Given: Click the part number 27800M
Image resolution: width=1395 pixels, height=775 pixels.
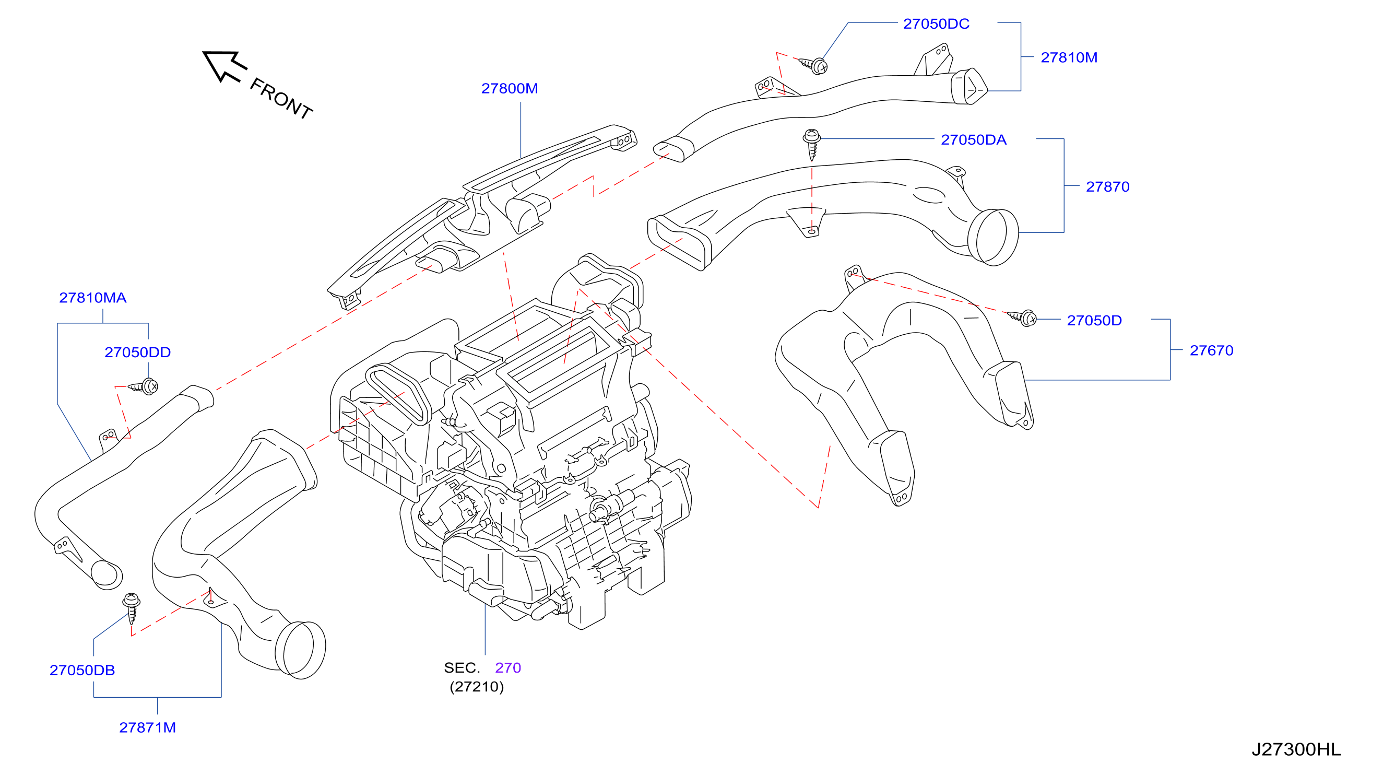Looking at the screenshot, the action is [x=510, y=88].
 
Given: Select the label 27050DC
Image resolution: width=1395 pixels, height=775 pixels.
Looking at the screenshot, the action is [x=936, y=24].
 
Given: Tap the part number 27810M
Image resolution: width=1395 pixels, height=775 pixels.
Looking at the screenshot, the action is [x=1069, y=57].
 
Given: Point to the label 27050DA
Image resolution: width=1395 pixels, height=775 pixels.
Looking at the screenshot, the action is [x=974, y=140].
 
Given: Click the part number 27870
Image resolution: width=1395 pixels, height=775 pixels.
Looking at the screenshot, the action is [x=1107, y=187].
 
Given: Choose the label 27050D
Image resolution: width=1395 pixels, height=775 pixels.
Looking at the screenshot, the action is [x=1094, y=321].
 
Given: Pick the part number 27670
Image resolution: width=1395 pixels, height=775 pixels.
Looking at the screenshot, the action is [x=1211, y=350].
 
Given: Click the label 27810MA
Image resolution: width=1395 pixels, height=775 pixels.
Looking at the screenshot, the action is [x=92, y=298].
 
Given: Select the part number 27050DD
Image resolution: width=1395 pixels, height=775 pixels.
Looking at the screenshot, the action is [x=137, y=353].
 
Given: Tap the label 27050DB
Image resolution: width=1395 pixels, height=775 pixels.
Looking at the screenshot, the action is [x=82, y=671].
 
